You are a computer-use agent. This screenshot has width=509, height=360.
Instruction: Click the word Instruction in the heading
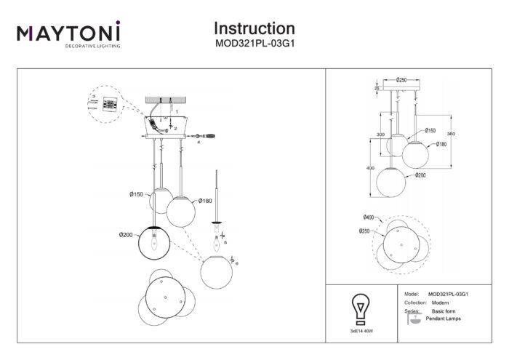tap(254, 28)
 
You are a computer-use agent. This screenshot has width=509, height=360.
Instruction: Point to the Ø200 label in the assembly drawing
tap(128, 234)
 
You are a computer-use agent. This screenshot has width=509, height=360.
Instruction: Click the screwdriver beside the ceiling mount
tap(206, 135)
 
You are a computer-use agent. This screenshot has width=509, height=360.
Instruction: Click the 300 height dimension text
tap(380, 135)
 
